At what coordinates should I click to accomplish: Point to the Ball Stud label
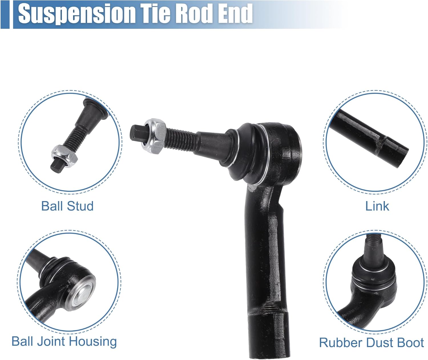pos(67,206)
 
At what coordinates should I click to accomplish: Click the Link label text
pos(377,206)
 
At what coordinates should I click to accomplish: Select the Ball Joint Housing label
pos(64,341)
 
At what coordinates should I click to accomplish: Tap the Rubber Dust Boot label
pos(371,343)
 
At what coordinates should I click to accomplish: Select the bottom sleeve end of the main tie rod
pos(265,334)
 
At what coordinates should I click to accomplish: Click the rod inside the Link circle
pos(371,134)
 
